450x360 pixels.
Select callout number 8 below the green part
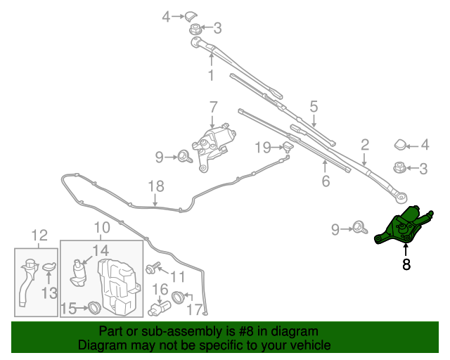tap(406, 265)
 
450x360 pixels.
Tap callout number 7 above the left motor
tap(213, 107)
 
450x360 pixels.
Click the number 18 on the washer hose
tap(155, 186)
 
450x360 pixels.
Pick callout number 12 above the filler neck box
tap(39, 235)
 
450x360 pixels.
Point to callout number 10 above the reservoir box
tap(102, 227)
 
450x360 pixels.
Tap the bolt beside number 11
tap(151, 269)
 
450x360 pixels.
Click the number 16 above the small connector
tap(160, 289)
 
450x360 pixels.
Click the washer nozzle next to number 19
tap(287, 146)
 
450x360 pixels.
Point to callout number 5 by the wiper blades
tap(314, 106)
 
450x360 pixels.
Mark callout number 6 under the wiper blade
tap(325, 181)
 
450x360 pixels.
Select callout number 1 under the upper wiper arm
tap(210, 75)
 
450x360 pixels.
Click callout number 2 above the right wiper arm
tap(365, 146)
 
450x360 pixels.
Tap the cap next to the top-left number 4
tap(191, 15)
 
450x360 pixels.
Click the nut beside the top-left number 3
tap(195, 30)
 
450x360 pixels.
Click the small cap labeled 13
tap(49, 266)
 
